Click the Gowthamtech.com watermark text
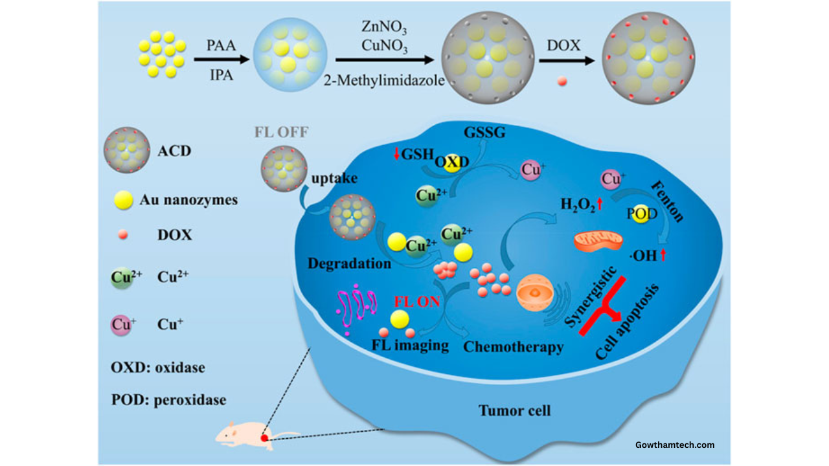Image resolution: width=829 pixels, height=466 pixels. (x=675, y=445)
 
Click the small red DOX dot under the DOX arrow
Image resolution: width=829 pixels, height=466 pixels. (x=562, y=82)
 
